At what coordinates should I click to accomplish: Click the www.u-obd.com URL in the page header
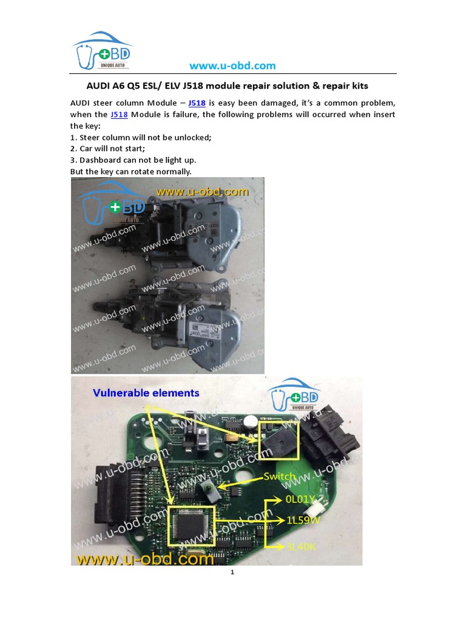click(232, 65)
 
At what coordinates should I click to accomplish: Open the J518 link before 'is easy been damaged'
click(197, 103)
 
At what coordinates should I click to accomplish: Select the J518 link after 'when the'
click(119, 115)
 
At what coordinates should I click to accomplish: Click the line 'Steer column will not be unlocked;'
click(141, 137)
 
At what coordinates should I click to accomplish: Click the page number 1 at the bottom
click(232, 572)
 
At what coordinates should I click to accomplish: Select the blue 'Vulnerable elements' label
click(146, 393)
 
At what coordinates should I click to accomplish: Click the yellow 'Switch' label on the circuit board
click(279, 477)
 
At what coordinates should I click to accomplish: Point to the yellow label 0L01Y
click(300, 500)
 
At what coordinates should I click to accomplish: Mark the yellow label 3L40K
click(302, 547)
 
